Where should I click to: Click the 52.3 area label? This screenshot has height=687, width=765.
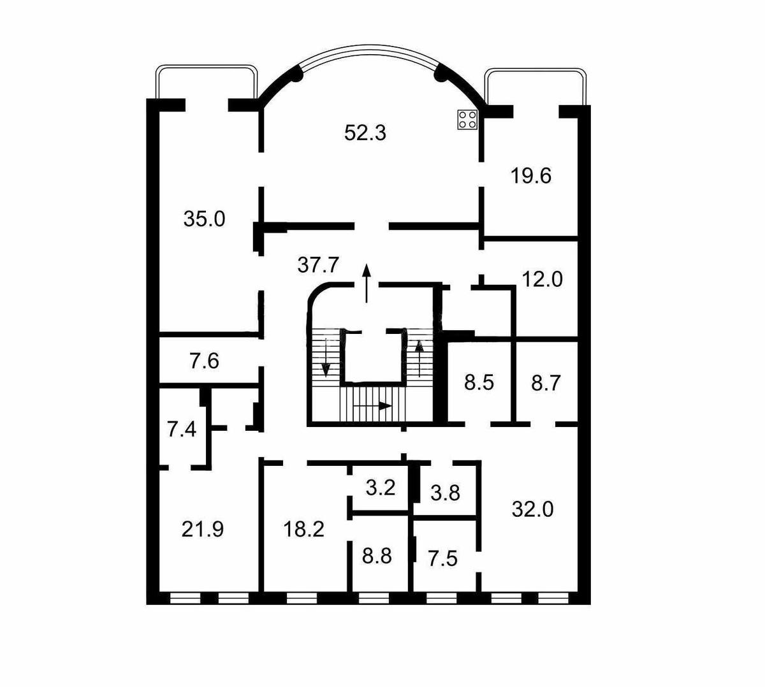pos(365,133)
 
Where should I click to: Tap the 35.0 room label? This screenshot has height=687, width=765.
pos(204,219)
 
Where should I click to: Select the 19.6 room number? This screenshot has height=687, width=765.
pos(530,175)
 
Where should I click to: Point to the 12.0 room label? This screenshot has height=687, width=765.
pos(542,279)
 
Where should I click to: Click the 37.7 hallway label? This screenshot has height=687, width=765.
pos(318,264)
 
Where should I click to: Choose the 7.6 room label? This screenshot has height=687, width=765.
pos(204,361)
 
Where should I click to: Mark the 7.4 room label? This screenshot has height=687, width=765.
pos(181,429)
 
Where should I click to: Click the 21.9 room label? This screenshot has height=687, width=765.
pos(202,529)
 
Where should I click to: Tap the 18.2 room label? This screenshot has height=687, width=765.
pos(304,529)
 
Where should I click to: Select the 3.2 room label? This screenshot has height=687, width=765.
pos(381,488)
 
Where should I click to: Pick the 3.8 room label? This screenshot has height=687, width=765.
pos(445,493)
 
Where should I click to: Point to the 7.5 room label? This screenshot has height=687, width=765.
pos(442,559)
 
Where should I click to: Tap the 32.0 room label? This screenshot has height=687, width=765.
pos(532,509)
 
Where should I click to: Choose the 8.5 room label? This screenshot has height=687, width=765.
pos(479,383)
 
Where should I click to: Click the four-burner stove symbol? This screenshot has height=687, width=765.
pos(468,120)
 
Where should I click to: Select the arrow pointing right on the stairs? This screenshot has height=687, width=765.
pos(373,405)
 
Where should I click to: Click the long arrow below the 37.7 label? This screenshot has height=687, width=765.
pos(367,282)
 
